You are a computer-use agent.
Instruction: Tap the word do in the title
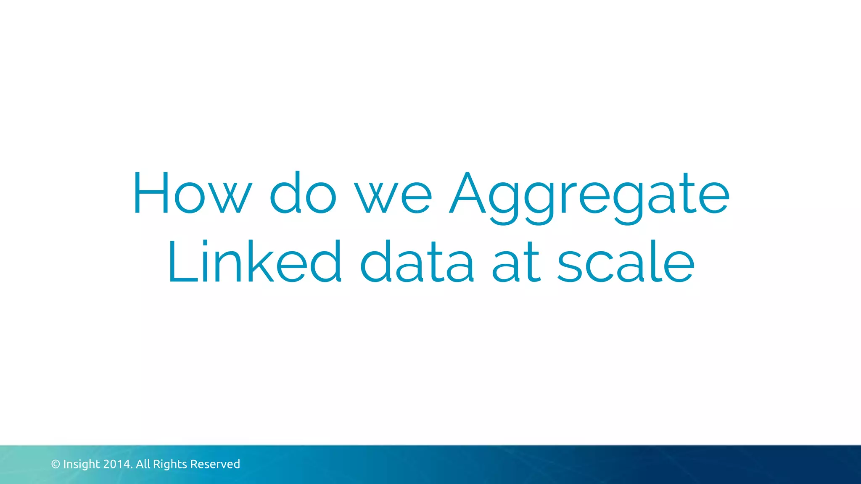pyautogui.click(x=303, y=193)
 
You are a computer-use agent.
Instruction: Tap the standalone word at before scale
pyautogui.click(x=516, y=263)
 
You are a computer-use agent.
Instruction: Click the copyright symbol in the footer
pyautogui.click(x=55, y=464)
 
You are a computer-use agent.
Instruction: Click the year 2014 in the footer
pyautogui.click(x=117, y=464)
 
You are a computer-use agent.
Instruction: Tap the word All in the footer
pyautogui.click(x=143, y=464)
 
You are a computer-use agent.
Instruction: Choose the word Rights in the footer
pyautogui.click(x=170, y=464)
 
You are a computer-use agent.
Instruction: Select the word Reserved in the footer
pyautogui.click(x=215, y=464)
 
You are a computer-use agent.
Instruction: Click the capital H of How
pyautogui.click(x=151, y=193)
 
